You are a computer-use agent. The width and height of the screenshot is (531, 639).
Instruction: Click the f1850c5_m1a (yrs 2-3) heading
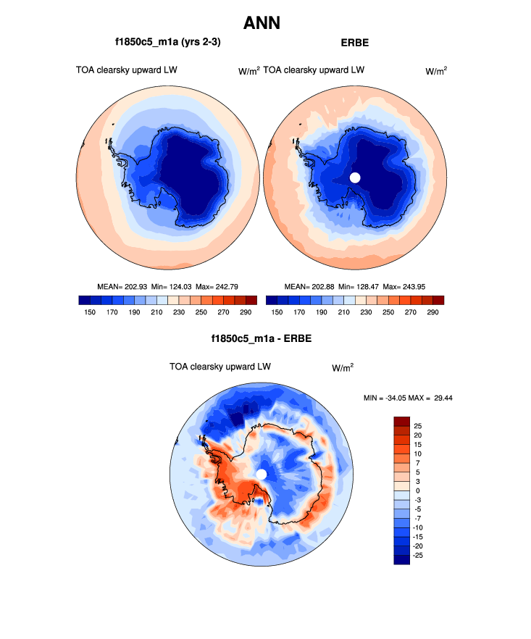[167, 43]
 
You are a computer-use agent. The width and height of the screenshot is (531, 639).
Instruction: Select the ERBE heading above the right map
[354, 43]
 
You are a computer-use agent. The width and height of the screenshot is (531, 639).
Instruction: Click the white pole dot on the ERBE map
[355, 177]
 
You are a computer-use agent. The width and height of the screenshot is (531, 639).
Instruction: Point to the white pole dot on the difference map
[262, 474]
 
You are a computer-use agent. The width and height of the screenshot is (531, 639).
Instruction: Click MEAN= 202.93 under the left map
[121, 287]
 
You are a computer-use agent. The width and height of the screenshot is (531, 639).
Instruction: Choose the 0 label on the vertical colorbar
[417, 490]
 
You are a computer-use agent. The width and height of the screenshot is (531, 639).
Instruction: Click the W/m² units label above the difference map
[343, 367]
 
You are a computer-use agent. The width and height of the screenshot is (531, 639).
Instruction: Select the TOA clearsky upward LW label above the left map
[127, 70]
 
